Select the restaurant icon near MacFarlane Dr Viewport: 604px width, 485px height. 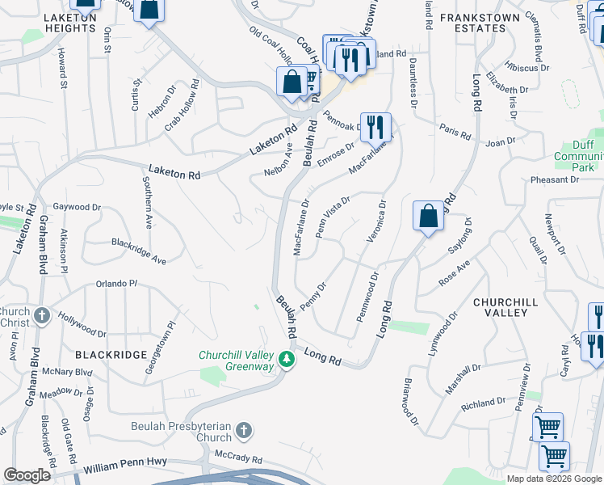click(x=375, y=128)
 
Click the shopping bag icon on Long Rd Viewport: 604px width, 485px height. click(x=429, y=217)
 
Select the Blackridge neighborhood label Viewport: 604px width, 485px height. click(x=111, y=355)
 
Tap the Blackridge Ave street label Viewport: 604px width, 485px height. click(x=138, y=251)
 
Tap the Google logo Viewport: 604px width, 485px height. click(x=27, y=475)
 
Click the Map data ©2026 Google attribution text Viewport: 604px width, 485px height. click(x=553, y=479)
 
